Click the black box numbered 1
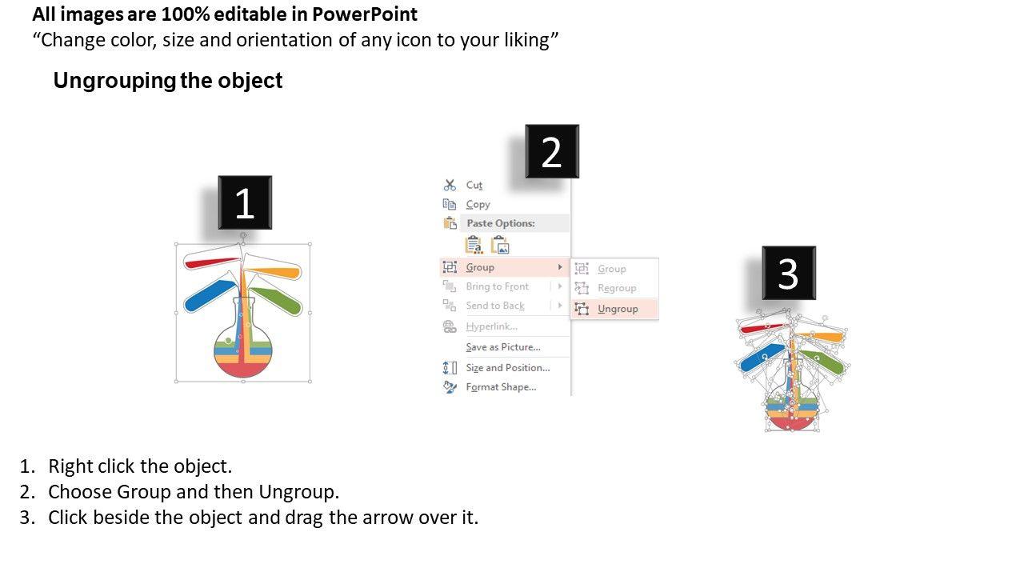tap(245, 202)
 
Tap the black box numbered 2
tap(552, 151)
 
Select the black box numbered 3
tap(789, 273)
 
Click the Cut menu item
tap(474, 185)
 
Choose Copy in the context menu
tap(478, 204)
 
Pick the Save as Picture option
tap(503, 347)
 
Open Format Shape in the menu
tap(501, 387)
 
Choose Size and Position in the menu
tap(507, 368)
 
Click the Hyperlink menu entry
tap(491, 326)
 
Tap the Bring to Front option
tap(497, 286)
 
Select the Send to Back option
tap(495, 306)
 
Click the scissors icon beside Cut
tap(450, 185)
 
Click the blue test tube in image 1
tap(210, 296)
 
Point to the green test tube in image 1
tap(276, 300)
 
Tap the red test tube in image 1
tap(212, 258)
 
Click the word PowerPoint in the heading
tap(365, 14)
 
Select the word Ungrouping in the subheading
tap(114, 81)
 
